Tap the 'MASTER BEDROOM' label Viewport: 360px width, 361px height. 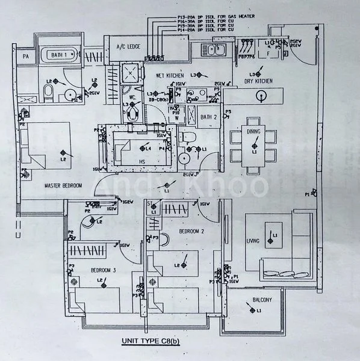(63, 186)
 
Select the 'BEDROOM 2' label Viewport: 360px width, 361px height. (192, 231)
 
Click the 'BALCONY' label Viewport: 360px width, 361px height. (258, 300)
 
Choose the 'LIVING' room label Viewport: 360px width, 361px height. (253, 241)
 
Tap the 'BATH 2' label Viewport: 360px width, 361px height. (208, 117)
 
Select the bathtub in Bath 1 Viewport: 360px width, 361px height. (58, 55)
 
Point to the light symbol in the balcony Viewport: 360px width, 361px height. (251, 310)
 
